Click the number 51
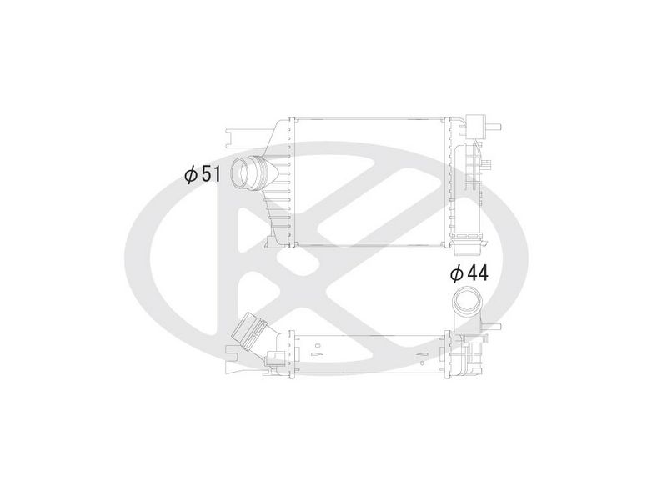point(211,173)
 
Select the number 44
point(477,273)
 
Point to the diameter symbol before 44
point(457,273)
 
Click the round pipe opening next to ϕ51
point(242,173)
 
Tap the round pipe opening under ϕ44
point(465,300)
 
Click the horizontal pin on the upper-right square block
point(494,127)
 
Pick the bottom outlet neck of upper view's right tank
point(467,245)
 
